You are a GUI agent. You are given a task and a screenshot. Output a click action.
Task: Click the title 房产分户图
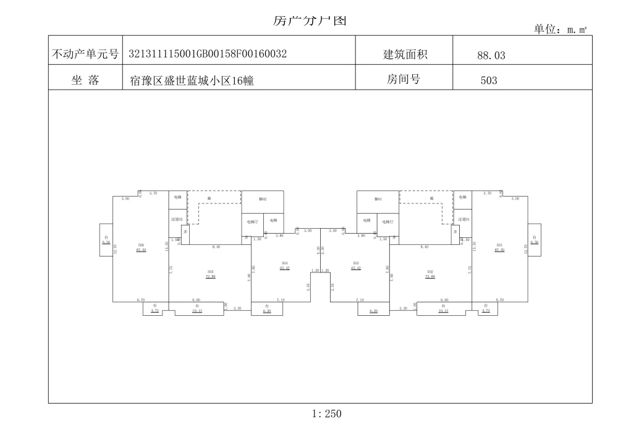[x=310, y=20]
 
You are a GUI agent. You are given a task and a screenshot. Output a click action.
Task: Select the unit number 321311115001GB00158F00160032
[x=208, y=54]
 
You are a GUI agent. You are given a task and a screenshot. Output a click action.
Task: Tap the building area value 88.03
[x=491, y=55]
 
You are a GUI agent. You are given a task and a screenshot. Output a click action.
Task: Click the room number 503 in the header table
[x=488, y=80]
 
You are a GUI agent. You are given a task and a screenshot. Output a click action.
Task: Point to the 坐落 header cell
[x=85, y=80]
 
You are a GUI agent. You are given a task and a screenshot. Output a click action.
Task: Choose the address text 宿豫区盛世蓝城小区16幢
[x=192, y=80]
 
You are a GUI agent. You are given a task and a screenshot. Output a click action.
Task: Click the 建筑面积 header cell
[x=405, y=54]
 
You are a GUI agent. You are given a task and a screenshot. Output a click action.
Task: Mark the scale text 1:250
[x=327, y=414]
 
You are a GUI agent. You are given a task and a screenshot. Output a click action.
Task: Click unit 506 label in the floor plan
[x=141, y=245]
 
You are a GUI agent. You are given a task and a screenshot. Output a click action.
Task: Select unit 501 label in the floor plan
[x=499, y=245]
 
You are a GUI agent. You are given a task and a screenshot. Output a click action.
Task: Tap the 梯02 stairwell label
[x=262, y=199]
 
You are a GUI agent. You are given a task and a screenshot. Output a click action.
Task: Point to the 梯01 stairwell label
[x=378, y=199]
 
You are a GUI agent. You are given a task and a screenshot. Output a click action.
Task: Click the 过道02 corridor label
[x=177, y=219]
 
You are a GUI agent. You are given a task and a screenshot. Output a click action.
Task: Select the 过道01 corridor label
[x=463, y=219]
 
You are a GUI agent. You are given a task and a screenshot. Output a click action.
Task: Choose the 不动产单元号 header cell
[x=85, y=54]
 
